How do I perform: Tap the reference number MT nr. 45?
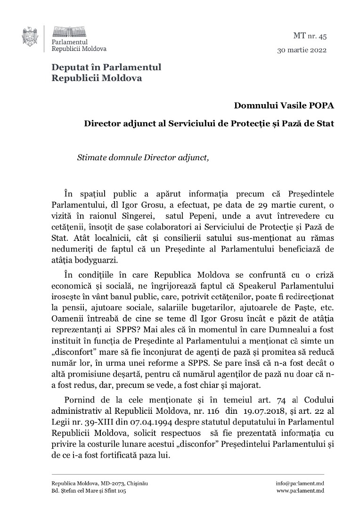click(x=306, y=35)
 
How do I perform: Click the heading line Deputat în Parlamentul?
click(x=106, y=67)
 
